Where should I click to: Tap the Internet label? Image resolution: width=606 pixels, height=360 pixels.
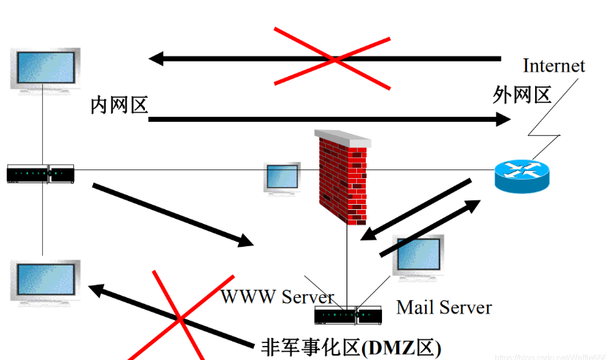(x=554, y=66)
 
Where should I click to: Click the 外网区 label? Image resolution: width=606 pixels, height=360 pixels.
(x=522, y=95)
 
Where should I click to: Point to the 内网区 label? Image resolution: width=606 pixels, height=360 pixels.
(x=119, y=105)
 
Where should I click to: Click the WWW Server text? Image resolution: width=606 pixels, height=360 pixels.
(x=277, y=297)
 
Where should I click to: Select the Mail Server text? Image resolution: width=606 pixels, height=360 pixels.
(x=443, y=307)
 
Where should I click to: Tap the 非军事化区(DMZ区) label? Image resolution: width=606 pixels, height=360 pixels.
(x=351, y=346)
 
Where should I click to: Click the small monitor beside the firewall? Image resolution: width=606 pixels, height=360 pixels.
(x=282, y=178)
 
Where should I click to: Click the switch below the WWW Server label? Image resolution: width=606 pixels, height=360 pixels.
(x=347, y=316)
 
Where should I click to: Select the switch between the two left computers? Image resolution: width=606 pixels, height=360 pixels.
(x=41, y=174)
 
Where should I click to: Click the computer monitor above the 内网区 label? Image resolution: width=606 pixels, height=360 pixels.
(x=46, y=69)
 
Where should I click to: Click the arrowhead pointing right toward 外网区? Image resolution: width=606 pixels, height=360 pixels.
(x=503, y=119)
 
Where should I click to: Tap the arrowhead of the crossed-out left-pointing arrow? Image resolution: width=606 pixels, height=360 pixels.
(x=156, y=58)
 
